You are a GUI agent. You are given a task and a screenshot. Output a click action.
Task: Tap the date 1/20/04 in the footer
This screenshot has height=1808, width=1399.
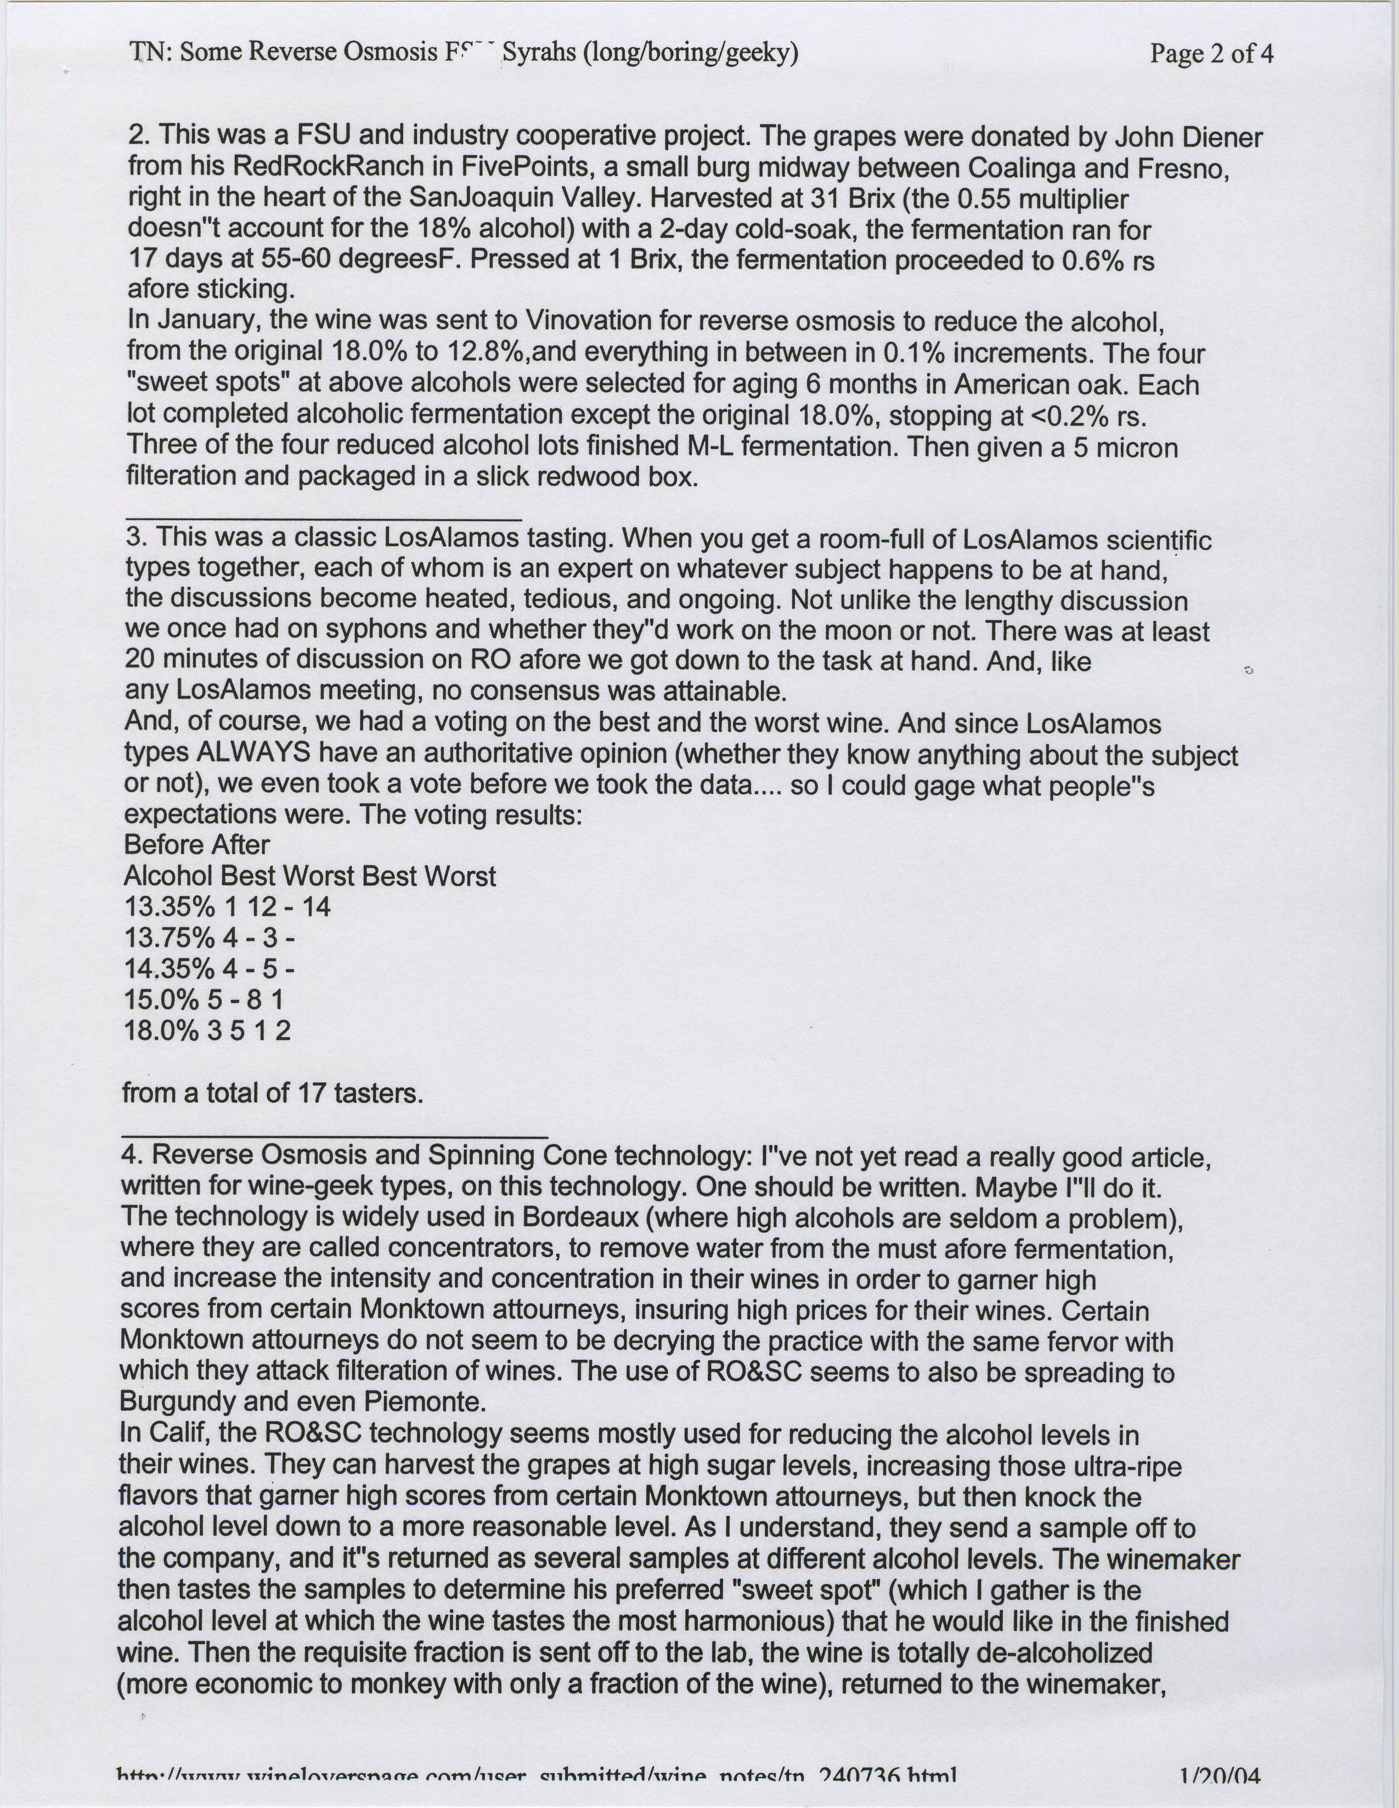(1220, 1793)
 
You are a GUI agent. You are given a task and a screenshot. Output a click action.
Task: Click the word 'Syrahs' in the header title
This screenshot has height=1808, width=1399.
(541, 53)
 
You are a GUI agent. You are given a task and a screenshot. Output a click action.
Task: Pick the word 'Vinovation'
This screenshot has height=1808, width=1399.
(593, 321)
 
